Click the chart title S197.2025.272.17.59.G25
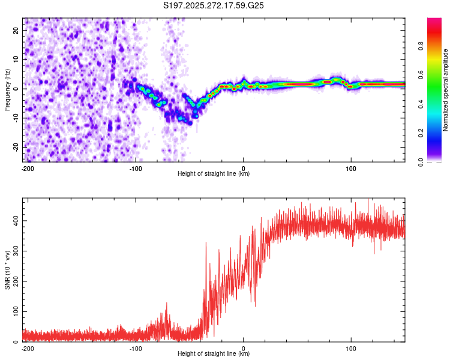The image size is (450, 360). (x=214, y=6)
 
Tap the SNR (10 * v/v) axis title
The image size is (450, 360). (x=7, y=269)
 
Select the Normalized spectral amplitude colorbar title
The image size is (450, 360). (x=446, y=90)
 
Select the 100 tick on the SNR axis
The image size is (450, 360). (x=16, y=311)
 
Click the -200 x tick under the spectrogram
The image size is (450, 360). (x=28, y=168)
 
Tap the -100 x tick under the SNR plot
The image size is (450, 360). (x=136, y=348)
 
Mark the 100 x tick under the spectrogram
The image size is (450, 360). (x=351, y=168)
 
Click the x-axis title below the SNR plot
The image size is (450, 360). (x=214, y=354)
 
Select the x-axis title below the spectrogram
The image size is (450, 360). (x=214, y=174)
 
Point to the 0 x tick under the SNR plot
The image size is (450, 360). (x=244, y=348)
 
